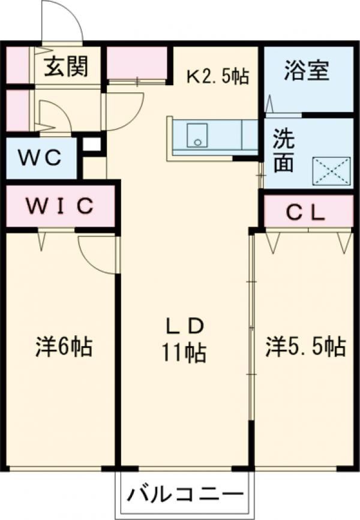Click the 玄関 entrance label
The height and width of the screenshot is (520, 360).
[x=65, y=66]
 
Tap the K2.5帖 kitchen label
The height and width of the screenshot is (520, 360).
[x=217, y=77]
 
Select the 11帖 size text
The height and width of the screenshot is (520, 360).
[x=184, y=353]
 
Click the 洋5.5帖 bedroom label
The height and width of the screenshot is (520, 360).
[x=305, y=347]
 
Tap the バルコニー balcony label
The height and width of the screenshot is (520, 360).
[x=185, y=496]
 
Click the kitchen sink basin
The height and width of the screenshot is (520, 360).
[x=196, y=135]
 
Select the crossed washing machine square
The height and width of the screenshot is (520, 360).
[x=331, y=170]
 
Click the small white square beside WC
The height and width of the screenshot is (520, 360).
[x=92, y=145]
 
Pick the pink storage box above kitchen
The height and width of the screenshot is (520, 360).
[x=139, y=63]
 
